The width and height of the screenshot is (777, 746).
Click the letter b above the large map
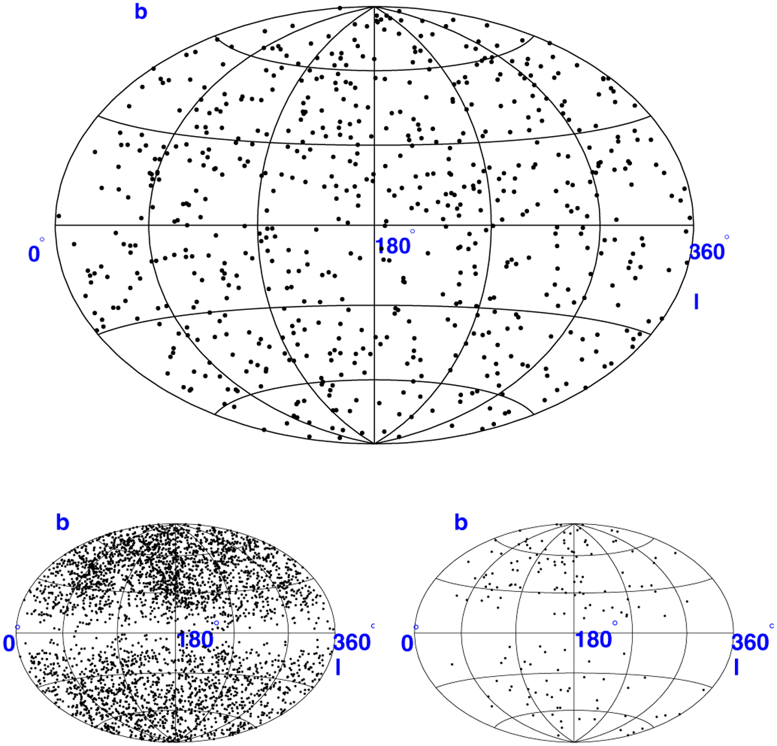(141, 12)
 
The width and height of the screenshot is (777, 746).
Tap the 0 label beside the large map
(34, 254)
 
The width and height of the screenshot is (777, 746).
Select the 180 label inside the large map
(393, 246)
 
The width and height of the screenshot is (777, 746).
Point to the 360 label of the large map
(707, 252)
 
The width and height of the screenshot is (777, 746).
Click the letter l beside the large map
(696, 302)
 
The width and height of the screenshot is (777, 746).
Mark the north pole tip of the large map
(374, 6)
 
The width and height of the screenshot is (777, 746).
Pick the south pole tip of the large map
(374, 443)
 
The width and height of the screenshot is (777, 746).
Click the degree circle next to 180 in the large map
(412, 231)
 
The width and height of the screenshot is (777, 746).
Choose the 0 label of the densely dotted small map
(9, 644)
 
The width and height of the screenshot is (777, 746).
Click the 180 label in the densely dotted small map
(196, 639)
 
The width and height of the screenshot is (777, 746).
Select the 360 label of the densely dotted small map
(352, 642)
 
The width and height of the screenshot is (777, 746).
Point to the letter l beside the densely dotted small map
(338, 668)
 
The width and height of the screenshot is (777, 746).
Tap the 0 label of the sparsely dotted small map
(407, 644)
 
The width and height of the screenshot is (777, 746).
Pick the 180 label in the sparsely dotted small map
(593, 639)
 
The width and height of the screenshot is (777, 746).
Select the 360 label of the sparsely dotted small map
(750, 642)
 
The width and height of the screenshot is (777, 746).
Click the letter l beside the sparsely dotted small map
(736, 668)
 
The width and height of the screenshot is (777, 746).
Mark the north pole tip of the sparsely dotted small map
(574, 524)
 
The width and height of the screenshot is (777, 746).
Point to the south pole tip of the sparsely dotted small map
(574, 742)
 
